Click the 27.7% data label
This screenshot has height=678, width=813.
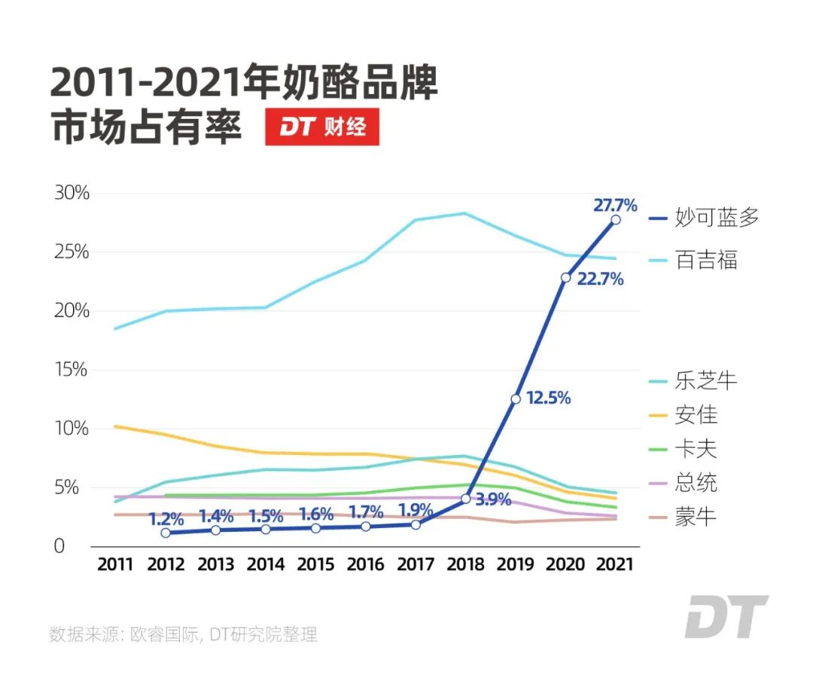coord(615,204)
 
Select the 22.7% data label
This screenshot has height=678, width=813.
coord(600,279)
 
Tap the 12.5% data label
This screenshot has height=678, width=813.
coord(548,398)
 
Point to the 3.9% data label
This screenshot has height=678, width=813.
coord(493,499)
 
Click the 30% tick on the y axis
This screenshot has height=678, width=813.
coord(72,193)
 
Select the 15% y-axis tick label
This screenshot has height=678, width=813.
coord(72,370)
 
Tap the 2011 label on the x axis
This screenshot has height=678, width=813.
coord(114,564)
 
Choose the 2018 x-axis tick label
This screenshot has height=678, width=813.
coord(465,564)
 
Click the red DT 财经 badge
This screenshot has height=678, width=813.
coord(322,127)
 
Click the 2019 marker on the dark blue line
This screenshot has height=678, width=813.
coord(516,399)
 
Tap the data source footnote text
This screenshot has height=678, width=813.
coord(184,634)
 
